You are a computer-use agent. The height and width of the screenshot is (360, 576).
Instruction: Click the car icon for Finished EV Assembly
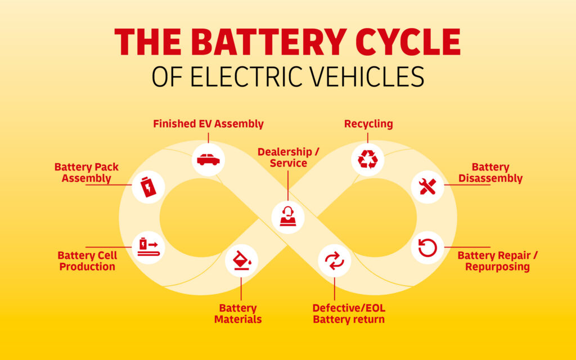208,160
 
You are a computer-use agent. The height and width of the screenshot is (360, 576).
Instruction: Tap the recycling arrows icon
368,159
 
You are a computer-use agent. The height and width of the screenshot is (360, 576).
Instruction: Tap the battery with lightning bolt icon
148,187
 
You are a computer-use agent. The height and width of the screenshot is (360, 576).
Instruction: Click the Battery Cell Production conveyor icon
148,247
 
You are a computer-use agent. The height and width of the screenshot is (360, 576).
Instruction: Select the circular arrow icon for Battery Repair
427,247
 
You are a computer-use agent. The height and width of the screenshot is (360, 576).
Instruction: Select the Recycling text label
368,124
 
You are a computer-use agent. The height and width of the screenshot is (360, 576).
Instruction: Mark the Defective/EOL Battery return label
349,314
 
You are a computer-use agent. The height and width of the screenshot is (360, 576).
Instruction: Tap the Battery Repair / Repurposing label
497,261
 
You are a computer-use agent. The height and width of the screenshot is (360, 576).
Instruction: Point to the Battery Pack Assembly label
87,173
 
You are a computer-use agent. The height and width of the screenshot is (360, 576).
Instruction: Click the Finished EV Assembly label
208,124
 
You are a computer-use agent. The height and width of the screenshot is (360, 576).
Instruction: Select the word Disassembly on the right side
490,179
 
